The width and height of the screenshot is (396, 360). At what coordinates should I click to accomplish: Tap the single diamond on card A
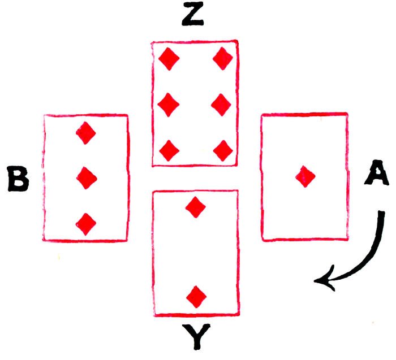point(304,177)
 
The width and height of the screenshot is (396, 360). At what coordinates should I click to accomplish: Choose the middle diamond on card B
point(86,179)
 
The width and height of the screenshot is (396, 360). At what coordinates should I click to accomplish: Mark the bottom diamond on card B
point(86,224)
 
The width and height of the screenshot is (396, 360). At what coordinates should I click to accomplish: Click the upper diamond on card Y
point(196,207)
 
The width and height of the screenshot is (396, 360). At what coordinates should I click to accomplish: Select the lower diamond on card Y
point(196,296)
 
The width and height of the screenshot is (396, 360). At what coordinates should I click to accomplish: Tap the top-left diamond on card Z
point(169,58)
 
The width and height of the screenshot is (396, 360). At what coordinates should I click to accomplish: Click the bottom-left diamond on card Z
point(169,150)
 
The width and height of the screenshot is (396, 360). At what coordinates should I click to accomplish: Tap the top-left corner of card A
point(261,115)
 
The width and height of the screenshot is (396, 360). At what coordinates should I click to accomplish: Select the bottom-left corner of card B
point(44,240)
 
